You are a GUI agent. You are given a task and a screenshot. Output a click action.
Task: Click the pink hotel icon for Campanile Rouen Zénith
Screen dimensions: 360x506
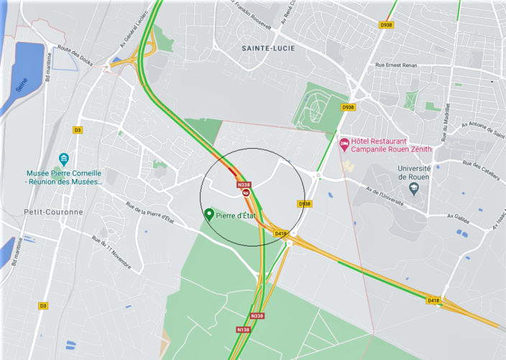344,145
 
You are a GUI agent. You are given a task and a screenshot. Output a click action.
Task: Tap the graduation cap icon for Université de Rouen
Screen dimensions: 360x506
413,188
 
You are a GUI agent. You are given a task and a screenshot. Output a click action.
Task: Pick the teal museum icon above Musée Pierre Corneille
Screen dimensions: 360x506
64,160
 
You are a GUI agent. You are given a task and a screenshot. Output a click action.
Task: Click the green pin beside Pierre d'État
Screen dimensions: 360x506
209,214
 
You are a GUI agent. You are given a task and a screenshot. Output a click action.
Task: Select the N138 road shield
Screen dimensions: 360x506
243,329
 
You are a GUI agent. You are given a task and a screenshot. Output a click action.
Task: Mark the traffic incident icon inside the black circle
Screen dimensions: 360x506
246,193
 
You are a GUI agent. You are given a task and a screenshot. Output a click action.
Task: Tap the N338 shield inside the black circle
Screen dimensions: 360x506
243,184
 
